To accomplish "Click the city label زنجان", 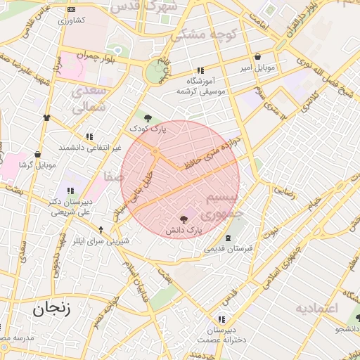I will tap(51, 307).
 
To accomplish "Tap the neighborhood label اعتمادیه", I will tap(316, 309).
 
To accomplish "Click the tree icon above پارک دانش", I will tap(184, 219).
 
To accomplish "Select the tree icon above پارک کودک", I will tap(147, 118).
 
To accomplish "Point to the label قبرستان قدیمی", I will tap(229, 248).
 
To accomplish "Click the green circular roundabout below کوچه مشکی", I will tap(154, 72).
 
